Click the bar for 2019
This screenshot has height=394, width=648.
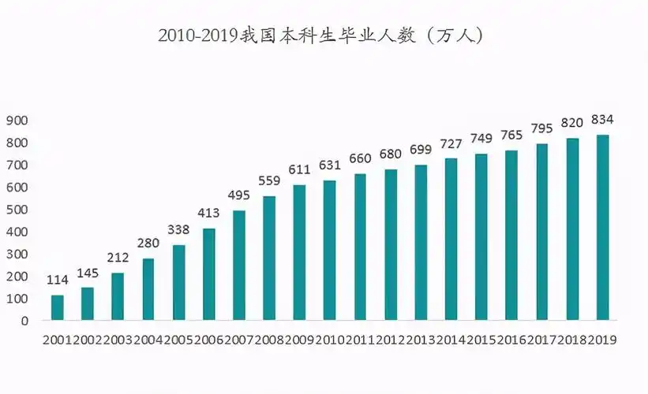tap(603, 228)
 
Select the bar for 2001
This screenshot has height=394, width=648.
tap(57, 307)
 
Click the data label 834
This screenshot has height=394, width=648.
tap(603, 120)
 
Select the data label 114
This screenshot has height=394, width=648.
tap(57, 280)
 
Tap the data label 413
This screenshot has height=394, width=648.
tap(208, 214)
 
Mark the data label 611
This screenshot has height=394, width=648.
tap(299, 169)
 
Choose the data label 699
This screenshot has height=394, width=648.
tap(421, 150)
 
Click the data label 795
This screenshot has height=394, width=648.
tap(542, 128)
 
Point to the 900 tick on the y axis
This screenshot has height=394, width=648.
tap(17, 121)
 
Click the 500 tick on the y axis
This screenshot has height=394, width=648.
tap(17, 210)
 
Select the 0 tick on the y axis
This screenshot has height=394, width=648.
tap(24, 321)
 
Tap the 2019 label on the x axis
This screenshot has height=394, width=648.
tap(603, 340)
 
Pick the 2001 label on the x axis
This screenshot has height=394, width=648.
tap(57, 340)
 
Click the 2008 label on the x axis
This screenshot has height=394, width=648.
tap(269, 340)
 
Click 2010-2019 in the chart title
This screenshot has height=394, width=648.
tap(198, 35)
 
